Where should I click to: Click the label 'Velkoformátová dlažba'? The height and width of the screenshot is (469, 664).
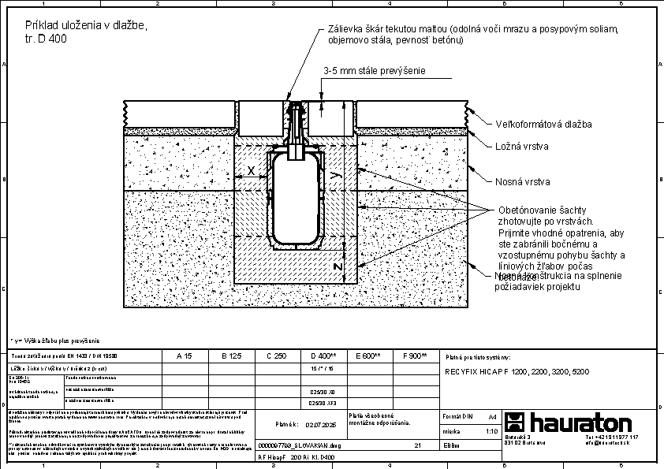pyautogui.click(x=543, y=124)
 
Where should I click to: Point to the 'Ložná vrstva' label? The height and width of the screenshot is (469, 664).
pyautogui.click(x=522, y=147)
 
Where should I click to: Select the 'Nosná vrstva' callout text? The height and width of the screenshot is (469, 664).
pyautogui.click(x=522, y=182)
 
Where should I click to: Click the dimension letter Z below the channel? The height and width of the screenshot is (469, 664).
pyautogui.click(x=337, y=266)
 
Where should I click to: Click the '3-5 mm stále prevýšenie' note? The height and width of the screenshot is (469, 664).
pyautogui.click(x=375, y=71)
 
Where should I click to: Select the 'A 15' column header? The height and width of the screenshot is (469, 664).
pyautogui.click(x=184, y=356)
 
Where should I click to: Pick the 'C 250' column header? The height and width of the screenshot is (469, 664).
pyautogui.click(x=276, y=356)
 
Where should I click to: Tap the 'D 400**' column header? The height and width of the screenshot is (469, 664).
pyautogui.click(x=324, y=356)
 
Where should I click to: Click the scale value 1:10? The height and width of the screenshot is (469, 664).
pyautogui.click(x=491, y=431)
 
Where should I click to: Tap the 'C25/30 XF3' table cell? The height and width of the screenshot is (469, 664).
pyautogui.click(x=324, y=403)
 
